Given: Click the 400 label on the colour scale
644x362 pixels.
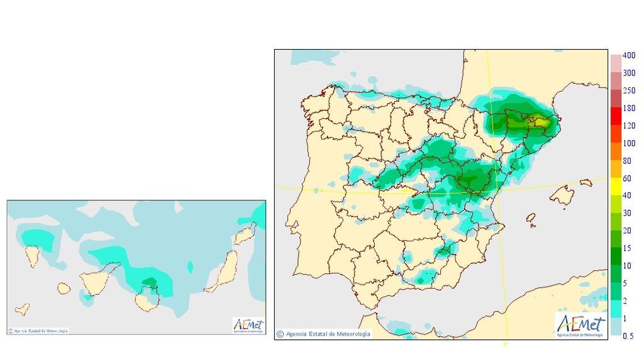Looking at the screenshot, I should point(629,56).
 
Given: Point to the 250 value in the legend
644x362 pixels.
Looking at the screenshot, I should point(629,91).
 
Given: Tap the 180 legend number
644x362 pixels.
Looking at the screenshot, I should point(629,109).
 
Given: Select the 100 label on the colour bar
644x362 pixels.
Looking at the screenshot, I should point(629,144).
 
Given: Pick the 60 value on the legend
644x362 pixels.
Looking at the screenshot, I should point(627,178).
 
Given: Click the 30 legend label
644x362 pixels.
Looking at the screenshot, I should point(627,213).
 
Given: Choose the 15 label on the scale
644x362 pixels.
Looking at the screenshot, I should point(627,248).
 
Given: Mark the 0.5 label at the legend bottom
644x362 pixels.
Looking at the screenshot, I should point(628,336).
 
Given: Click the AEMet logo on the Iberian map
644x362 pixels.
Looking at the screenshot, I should point(580,326).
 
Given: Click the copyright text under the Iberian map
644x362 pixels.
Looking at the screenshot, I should point(325,333).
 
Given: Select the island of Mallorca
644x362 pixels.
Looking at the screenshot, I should point(562,195).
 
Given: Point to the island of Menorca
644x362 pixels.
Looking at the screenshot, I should point(586,183).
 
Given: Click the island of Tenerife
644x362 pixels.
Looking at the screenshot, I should point(96,281).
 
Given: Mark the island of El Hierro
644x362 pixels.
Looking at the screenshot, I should point(22,309).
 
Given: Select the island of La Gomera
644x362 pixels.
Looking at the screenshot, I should point(64,288).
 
